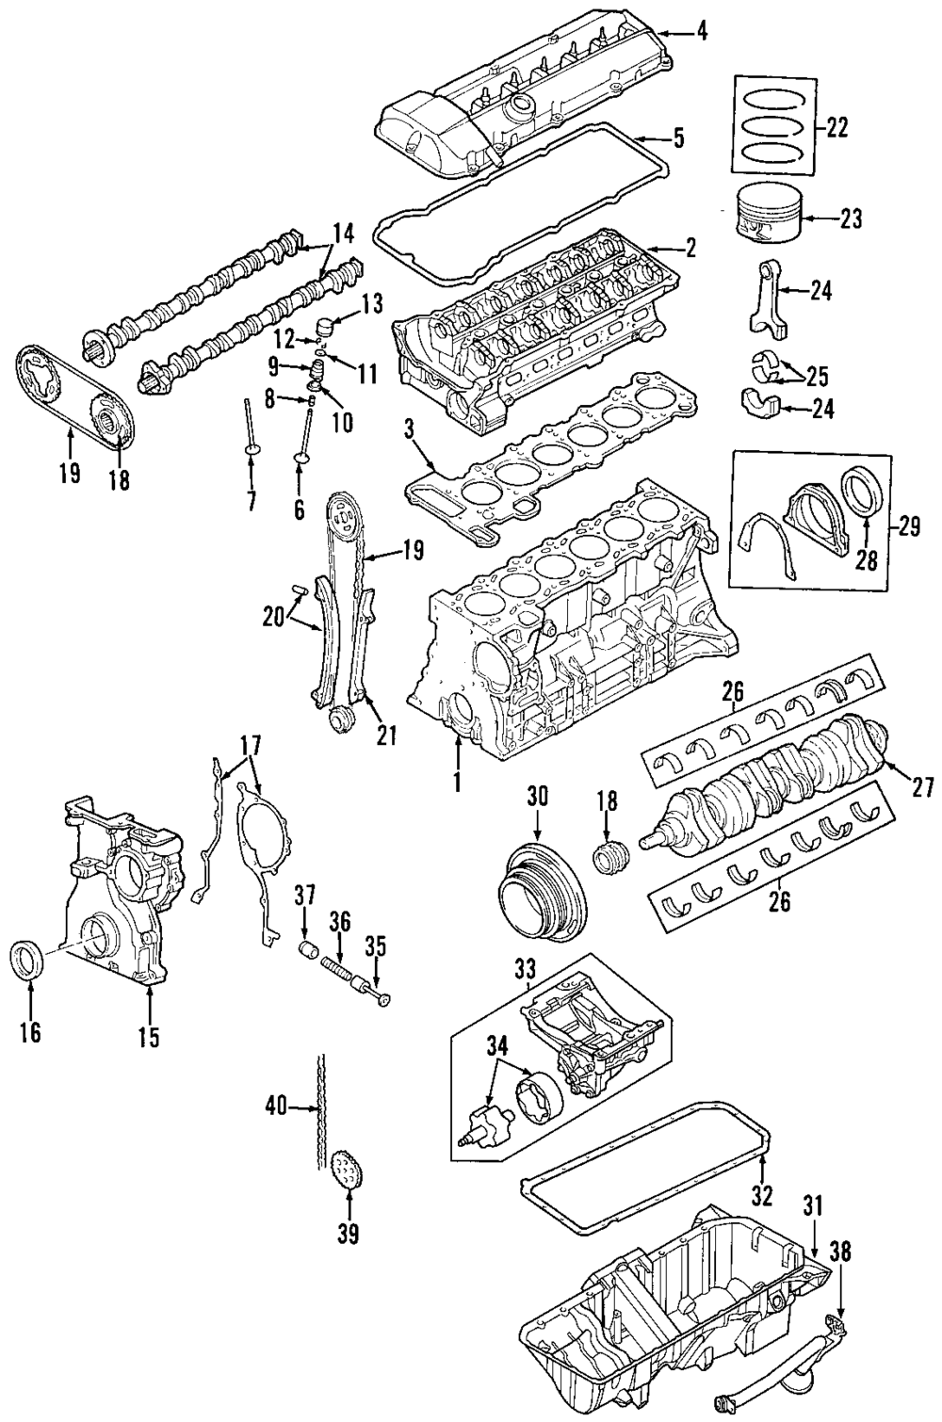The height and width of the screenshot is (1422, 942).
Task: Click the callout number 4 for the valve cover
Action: pos(700,32)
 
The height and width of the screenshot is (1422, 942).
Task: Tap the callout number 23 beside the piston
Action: pos(850,219)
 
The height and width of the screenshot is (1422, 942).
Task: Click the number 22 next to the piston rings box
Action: pos(836,128)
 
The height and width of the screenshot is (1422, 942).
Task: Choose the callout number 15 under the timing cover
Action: pos(149,1037)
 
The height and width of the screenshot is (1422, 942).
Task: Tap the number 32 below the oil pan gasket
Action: pos(761,1196)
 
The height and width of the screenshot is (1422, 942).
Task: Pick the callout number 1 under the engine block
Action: pos(456,782)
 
